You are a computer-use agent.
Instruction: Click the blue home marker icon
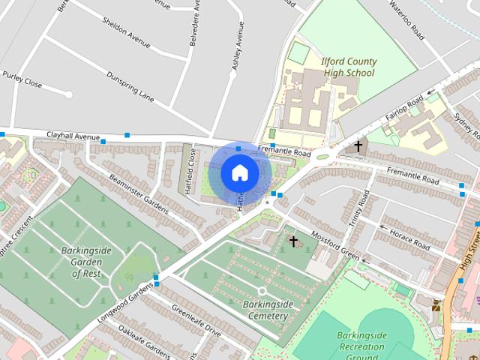[239, 173]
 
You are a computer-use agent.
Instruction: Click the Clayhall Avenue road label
[73, 136]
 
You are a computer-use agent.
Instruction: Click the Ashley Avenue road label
[239, 46]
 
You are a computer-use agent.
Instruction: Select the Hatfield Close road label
[193, 171]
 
